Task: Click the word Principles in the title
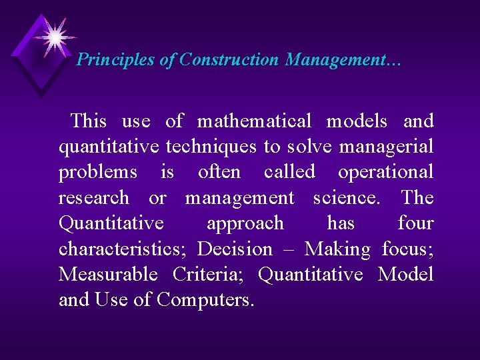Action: pyautogui.click(x=116, y=60)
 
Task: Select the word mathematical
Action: pyautogui.click(x=254, y=121)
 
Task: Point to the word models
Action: pyautogui.click(x=357, y=121)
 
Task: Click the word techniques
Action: pyautogui.click(x=211, y=147)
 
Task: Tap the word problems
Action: pyautogui.click(x=98, y=173)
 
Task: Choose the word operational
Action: pyautogui.click(x=385, y=172)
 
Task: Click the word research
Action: pyautogui.click(x=93, y=198)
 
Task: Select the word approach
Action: pyautogui.click(x=245, y=223)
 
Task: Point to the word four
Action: pyautogui.click(x=415, y=223)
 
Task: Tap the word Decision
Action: pyautogui.click(x=235, y=249)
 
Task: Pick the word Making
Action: pyautogui.click(x=337, y=249)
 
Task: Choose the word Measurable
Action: pyautogui.click(x=108, y=275)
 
